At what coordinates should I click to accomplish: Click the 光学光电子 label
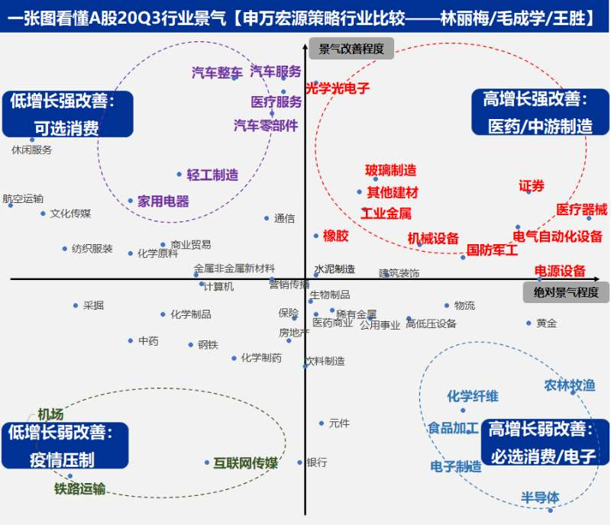[338, 89]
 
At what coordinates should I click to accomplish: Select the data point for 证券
[529, 192]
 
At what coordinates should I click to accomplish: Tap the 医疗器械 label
[581, 209]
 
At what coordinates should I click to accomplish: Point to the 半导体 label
[540, 498]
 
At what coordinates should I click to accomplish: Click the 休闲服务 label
[32, 150]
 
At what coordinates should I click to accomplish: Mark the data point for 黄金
[529, 323]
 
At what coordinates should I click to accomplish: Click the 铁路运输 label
[79, 488]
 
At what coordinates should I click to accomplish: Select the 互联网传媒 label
[246, 462]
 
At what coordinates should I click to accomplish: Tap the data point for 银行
[300, 462]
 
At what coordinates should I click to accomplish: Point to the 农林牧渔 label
[569, 386]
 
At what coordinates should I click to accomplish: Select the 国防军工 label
[492, 250]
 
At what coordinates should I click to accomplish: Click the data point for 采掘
[76, 305]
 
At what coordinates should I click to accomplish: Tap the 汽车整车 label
[217, 73]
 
